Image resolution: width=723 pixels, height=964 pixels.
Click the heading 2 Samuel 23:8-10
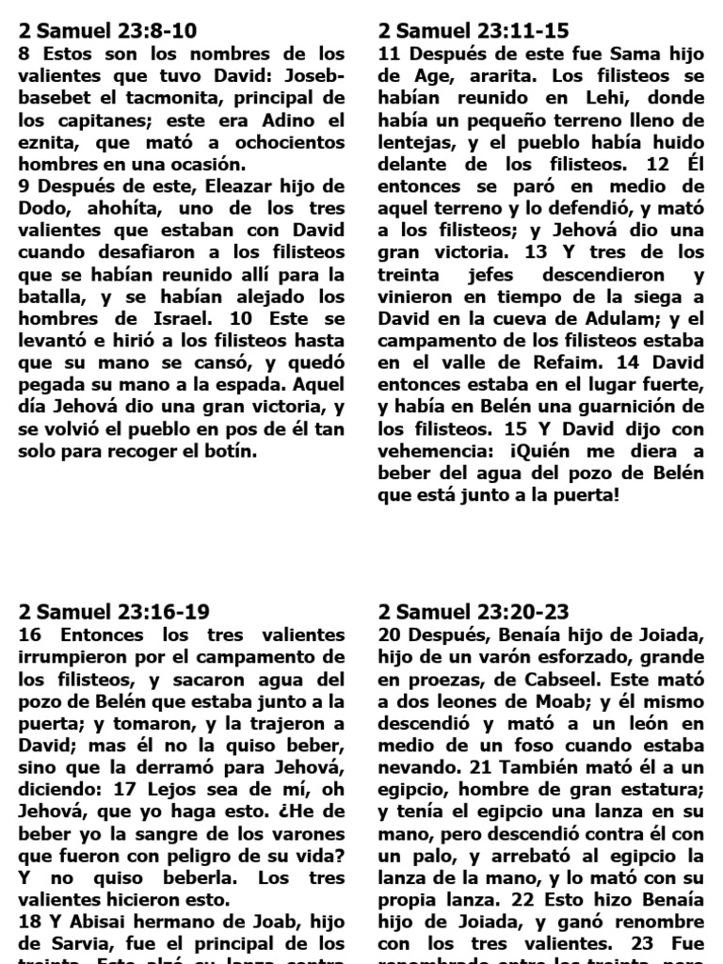click(107, 31)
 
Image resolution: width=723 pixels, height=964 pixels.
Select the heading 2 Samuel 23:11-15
click(474, 31)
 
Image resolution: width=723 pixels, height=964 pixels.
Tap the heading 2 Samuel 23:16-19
click(113, 613)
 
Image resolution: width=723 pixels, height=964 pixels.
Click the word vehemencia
click(430, 450)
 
